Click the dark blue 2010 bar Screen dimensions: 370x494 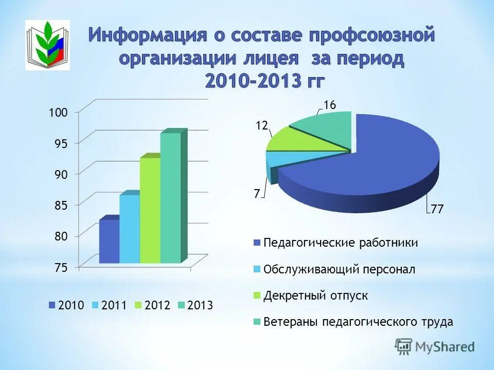click(x=109, y=242)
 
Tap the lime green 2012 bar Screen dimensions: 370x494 click(x=150, y=211)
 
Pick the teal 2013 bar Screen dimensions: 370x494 click(x=170, y=198)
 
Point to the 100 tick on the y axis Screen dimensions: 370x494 click(x=58, y=113)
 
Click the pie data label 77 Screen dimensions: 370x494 click(x=437, y=210)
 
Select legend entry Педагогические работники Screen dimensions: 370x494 click(x=340, y=243)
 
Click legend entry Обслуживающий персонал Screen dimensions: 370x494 click(x=339, y=269)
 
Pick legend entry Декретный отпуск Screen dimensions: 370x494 click(x=315, y=296)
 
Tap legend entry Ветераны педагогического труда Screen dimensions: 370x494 click(x=358, y=322)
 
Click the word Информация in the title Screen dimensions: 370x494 click(x=147, y=36)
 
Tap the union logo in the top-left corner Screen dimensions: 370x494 click(x=47, y=45)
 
